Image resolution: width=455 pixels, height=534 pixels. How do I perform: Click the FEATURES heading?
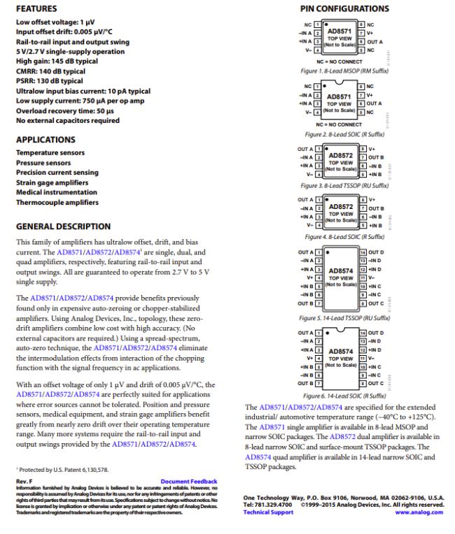(36, 9)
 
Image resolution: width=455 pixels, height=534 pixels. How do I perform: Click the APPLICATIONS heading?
(46, 139)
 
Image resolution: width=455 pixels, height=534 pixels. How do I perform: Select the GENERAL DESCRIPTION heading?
(62, 226)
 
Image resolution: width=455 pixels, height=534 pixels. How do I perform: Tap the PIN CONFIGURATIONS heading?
(332, 9)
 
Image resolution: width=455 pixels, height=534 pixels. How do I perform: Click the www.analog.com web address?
(419, 511)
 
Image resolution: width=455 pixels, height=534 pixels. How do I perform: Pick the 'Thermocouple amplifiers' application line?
(57, 203)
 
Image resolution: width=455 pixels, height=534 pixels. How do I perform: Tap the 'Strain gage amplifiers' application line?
(53, 182)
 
